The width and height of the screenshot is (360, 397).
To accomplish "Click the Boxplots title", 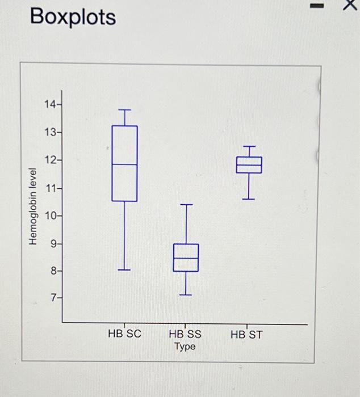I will [x=73, y=18].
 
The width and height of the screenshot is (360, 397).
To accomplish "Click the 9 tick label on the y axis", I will [x=52, y=244].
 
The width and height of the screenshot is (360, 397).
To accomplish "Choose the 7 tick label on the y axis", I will [x=52, y=298].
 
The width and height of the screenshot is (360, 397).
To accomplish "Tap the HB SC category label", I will [x=124, y=334].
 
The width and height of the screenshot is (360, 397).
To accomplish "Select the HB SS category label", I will [x=185, y=334].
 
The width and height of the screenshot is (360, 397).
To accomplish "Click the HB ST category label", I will [x=247, y=334].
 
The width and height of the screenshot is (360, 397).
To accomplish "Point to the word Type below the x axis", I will [x=185, y=347].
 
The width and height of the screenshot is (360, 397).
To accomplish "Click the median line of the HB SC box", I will [x=124, y=164].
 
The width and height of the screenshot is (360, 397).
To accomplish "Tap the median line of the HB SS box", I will [x=186, y=258].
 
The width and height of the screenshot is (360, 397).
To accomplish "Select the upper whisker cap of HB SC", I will [x=124, y=110].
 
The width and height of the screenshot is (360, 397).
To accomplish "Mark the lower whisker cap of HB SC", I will [x=124, y=270].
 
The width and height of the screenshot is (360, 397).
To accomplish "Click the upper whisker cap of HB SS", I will [x=186, y=204].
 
